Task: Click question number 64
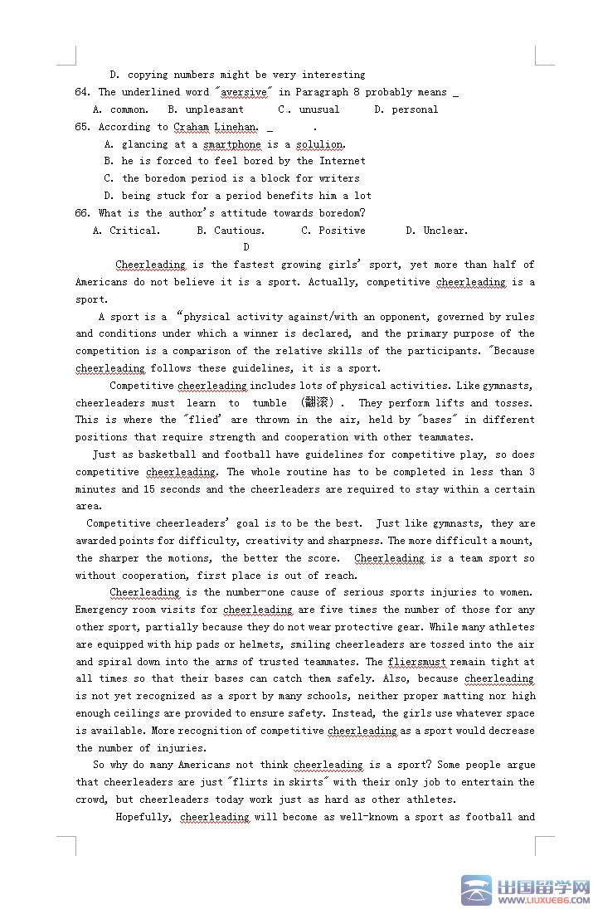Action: [x=82, y=92]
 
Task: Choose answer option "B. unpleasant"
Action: [x=206, y=109]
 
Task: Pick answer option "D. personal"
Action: [x=406, y=109]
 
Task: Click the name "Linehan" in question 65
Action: [x=237, y=127]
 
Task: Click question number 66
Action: [x=82, y=213]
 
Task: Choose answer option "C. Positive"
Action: [x=333, y=231]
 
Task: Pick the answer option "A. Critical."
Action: [x=127, y=231]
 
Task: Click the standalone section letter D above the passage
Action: [x=246, y=247]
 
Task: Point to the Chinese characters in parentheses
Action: [x=320, y=403]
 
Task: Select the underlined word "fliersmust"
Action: [x=417, y=662]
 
